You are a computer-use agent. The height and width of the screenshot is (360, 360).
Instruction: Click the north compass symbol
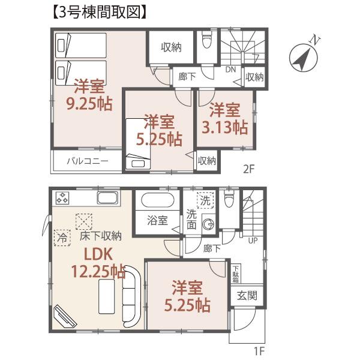tap(304, 57)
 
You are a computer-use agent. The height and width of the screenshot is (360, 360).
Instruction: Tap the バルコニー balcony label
tap(86, 161)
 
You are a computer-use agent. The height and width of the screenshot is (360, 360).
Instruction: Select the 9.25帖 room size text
tap(88, 103)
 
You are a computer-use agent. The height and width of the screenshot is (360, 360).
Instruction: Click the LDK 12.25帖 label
tap(100, 264)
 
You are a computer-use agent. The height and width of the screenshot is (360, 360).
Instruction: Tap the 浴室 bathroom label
tap(157, 221)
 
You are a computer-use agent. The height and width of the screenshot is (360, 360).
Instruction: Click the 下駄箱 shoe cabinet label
tap(236, 274)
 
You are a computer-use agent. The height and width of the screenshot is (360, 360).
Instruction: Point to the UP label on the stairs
tap(254, 241)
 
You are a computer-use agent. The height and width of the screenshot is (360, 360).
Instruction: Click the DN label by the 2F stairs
tap(230, 69)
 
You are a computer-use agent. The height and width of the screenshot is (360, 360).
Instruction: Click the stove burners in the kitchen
tap(63, 197)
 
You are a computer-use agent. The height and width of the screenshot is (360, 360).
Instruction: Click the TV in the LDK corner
tap(62, 315)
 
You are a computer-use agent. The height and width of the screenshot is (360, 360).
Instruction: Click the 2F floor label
tap(249, 169)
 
